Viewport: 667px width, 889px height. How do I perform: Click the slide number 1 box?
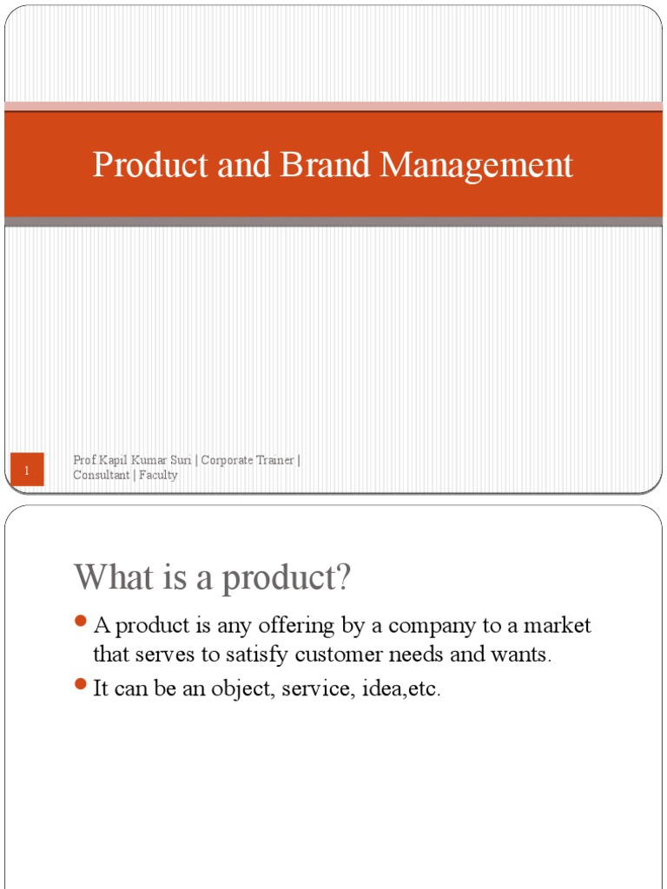click(x=27, y=471)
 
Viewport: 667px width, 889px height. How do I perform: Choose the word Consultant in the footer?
click(x=102, y=475)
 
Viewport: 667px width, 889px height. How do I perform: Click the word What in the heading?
click(x=112, y=578)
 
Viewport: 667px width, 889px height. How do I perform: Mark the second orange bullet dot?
click(x=81, y=685)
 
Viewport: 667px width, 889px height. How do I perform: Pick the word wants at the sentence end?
click(x=522, y=655)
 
